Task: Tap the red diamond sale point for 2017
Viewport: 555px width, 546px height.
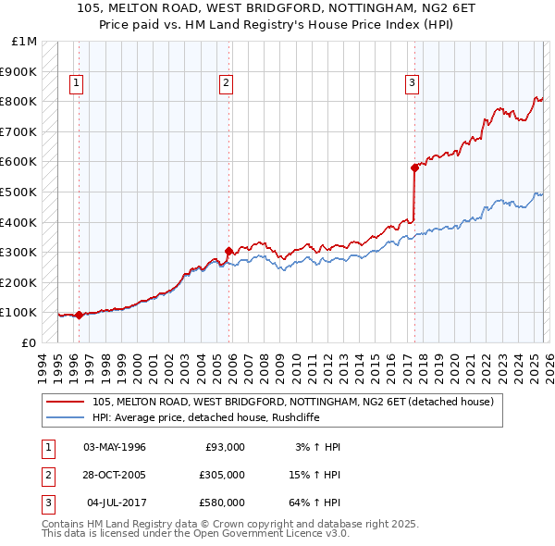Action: [414, 168]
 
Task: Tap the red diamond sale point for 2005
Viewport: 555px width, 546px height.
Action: [229, 250]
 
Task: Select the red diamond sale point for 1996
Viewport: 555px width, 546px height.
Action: [79, 315]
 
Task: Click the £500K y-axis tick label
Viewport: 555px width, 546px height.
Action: [20, 192]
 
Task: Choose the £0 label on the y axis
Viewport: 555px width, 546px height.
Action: [28, 342]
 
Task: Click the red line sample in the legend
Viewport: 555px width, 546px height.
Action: [66, 402]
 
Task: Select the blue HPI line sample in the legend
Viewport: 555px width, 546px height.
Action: [66, 417]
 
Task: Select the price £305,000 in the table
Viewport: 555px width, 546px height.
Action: [221, 475]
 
